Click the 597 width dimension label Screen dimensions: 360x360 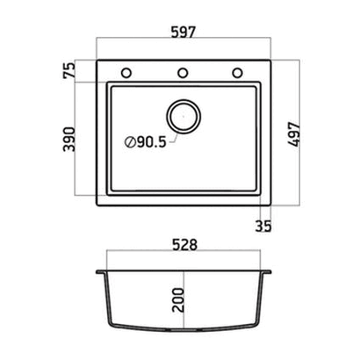[183, 32]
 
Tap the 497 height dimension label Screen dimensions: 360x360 [294, 134]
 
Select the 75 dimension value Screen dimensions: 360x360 [69, 71]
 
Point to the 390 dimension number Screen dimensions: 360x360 [69, 139]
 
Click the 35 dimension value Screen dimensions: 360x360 [263, 226]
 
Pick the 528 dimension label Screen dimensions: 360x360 [184, 245]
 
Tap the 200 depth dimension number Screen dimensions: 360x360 [178, 300]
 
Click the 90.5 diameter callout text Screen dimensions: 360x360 [151, 142]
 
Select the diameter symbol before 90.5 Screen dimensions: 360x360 [130, 142]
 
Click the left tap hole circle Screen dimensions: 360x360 [126, 73]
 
